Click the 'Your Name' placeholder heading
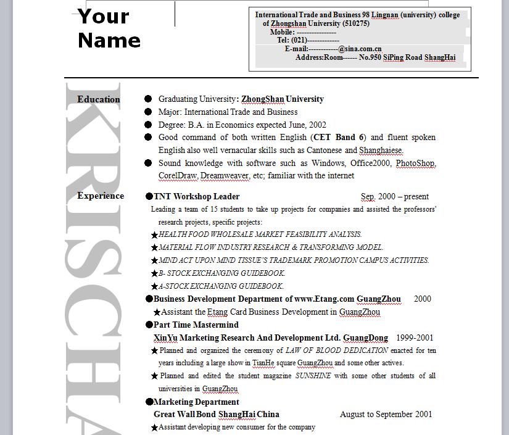tap(109, 28)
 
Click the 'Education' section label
tap(99, 99)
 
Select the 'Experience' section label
tap(101, 196)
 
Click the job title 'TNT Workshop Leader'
tap(196, 197)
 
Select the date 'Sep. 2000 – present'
tap(395, 197)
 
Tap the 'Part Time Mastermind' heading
tap(196, 325)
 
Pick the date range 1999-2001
tap(415, 338)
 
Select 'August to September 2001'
tap(386, 415)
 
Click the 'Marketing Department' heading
tap(196, 402)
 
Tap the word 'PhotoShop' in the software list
tap(415, 164)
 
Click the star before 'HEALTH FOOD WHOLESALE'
tap(154, 234)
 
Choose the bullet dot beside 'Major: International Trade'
tap(148, 112)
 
